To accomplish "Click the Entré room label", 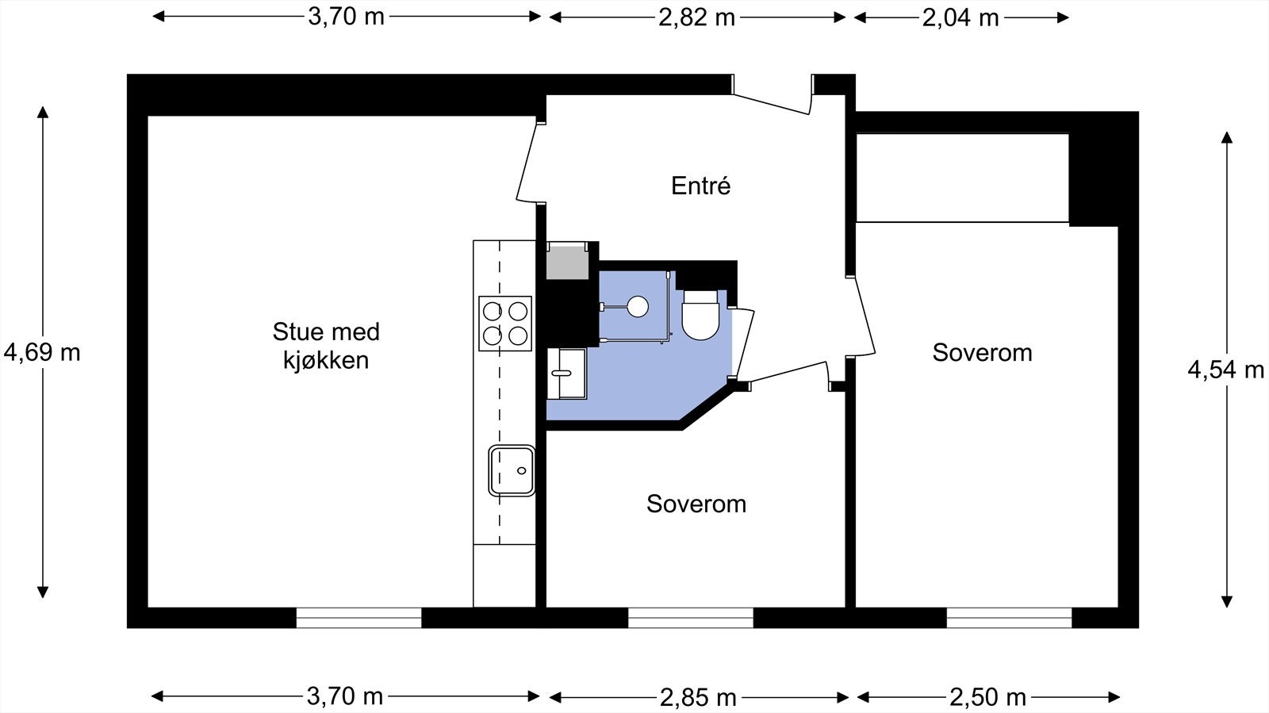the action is pos(701,186).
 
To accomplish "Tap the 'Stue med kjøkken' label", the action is pos(326,346).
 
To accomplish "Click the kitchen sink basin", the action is pos(512,470).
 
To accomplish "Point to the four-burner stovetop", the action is pos(504,324).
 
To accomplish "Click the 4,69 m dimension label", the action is pos(42,353).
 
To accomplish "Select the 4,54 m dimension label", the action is pos(1226,370).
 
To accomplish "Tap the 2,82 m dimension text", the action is pos(697,17).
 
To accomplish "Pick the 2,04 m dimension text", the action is pos(960,17).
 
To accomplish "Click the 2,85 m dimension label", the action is pos(698,696).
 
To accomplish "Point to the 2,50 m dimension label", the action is pos(988,696).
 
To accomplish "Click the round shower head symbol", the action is pos(638,306).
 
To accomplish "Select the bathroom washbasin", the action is pos(566,374).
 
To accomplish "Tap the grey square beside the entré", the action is pos(567,260).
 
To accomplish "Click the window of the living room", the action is pos(358,618).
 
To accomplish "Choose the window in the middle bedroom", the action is pos(691,618).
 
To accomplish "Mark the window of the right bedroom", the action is pos(1009,618).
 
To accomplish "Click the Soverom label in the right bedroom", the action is pos(983,353).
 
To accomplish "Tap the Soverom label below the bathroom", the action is pos(696,504).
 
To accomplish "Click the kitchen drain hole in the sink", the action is pos(522,470).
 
